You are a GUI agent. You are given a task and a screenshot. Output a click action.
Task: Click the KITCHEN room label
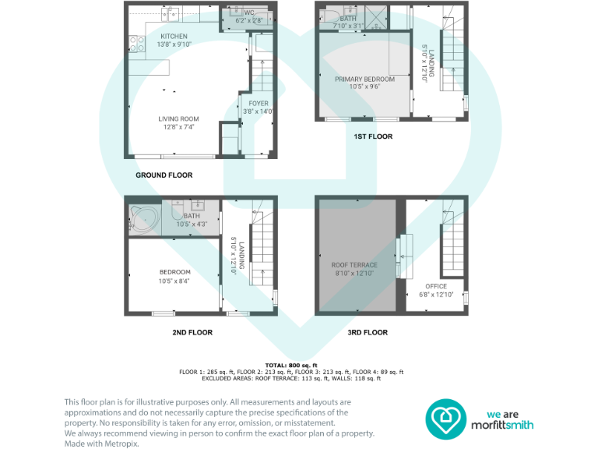(x=174, y=36)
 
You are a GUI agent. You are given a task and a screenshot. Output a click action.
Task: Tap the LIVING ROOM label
(x=179, y=119)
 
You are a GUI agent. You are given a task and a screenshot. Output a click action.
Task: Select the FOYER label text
(x=258, y=103)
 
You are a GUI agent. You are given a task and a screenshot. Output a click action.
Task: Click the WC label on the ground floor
(x=249, y=13)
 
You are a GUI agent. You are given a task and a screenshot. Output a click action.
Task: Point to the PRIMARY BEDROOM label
(x=364, y=79)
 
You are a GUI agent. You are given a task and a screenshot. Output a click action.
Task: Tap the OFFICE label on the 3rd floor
(x=437, y=286)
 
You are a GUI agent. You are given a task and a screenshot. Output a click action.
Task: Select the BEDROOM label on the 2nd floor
(x=174, y=272)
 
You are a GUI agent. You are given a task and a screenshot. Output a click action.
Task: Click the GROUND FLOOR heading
(x=164, y=175)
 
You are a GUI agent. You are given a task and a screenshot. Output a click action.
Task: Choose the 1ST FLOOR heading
(x=373, y=136)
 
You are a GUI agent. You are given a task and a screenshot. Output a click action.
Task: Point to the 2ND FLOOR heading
(x=192, y=332)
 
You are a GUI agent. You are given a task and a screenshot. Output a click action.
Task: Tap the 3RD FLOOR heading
(x=368, y=332)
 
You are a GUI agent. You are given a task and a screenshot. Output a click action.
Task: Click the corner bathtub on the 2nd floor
(x=143, y=218)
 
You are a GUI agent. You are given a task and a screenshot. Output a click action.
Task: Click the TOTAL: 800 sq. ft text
(x=290, y=366)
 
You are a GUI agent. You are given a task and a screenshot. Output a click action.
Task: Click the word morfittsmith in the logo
(x=512, y=426)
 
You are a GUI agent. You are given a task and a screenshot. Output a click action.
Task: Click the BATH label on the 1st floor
(x=348, y=18)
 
